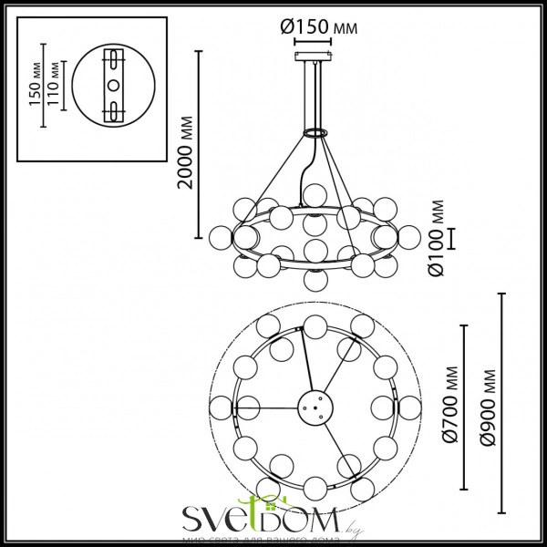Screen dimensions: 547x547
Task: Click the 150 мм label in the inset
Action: [34, 87]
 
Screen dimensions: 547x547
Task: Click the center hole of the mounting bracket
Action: [113, 84]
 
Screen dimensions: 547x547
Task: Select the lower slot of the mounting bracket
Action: [113, 108]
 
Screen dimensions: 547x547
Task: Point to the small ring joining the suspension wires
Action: [315, 133]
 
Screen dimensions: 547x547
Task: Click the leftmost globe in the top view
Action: [220, 407]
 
